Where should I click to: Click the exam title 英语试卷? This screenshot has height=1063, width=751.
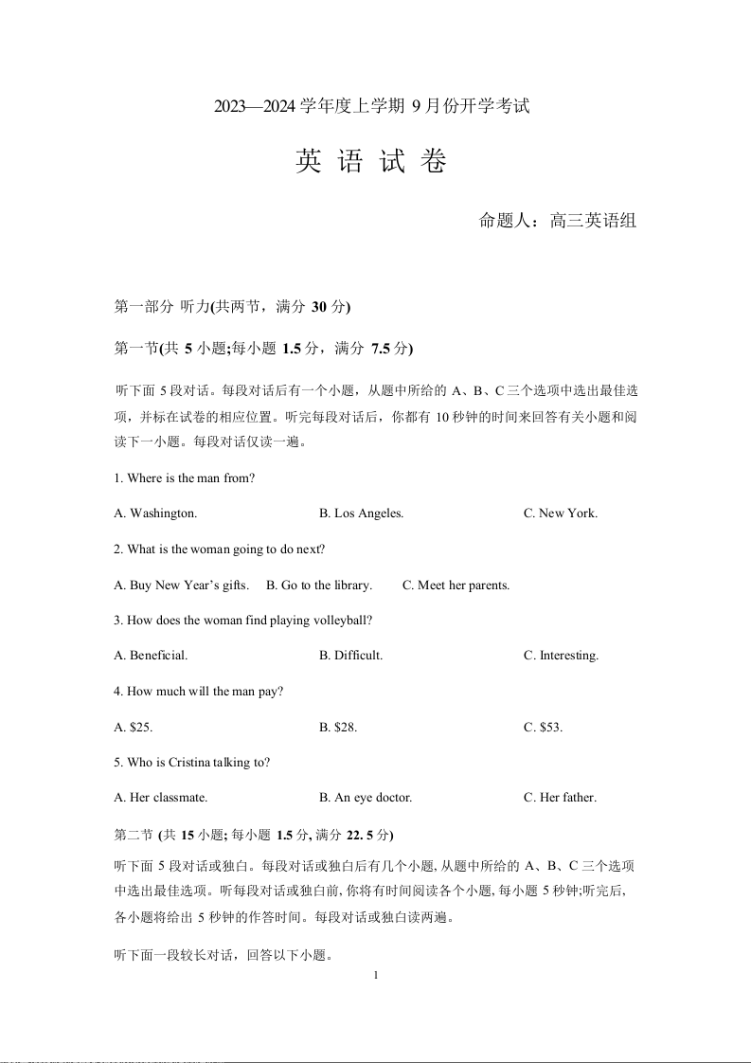pos(370,162)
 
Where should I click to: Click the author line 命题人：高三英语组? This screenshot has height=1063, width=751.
pos(557,222)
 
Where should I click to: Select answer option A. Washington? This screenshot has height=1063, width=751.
pos(155,513)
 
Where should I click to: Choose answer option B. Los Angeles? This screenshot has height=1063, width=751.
pos(362,513)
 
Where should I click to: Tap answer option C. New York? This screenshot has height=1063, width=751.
pos(561,513)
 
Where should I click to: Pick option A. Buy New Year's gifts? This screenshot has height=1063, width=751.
pos(181,586)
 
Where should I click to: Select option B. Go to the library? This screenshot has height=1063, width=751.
pos(319,586)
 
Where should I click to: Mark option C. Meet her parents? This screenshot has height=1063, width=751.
pos(456,586)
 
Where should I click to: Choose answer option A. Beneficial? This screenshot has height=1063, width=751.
pos(151,656)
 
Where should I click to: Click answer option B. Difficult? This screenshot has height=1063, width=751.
pos(351,656)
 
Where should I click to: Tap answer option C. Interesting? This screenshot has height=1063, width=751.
pos(561,656)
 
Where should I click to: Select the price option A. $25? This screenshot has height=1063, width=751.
pos(134,728)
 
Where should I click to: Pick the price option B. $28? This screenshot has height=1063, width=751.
pos(338,728)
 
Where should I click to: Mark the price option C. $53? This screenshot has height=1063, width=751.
pos(543,728)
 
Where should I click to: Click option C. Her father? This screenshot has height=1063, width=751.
pos(560,798)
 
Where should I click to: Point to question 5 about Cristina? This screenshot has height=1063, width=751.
pos(192,763)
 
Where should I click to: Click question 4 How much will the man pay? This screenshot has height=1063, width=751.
pos(199,692)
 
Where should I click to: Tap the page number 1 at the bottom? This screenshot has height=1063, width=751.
pos(376,975)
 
